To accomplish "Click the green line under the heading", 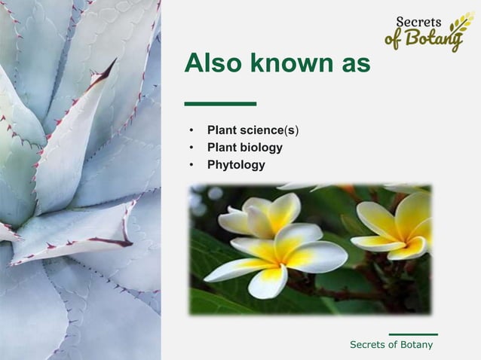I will pyautogui.click(x=220, y=104).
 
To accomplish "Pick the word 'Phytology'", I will pyautogui.click(x=236, y=164).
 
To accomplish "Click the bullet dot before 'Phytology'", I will pyautogui.click(x=192, y=164).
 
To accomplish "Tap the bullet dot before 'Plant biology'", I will pyautogui.click(x=192, y=148).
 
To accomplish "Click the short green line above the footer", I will pyautogui.click(x=413, y=334).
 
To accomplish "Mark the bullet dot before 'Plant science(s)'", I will pyautogui.click(x=192, y=131).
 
